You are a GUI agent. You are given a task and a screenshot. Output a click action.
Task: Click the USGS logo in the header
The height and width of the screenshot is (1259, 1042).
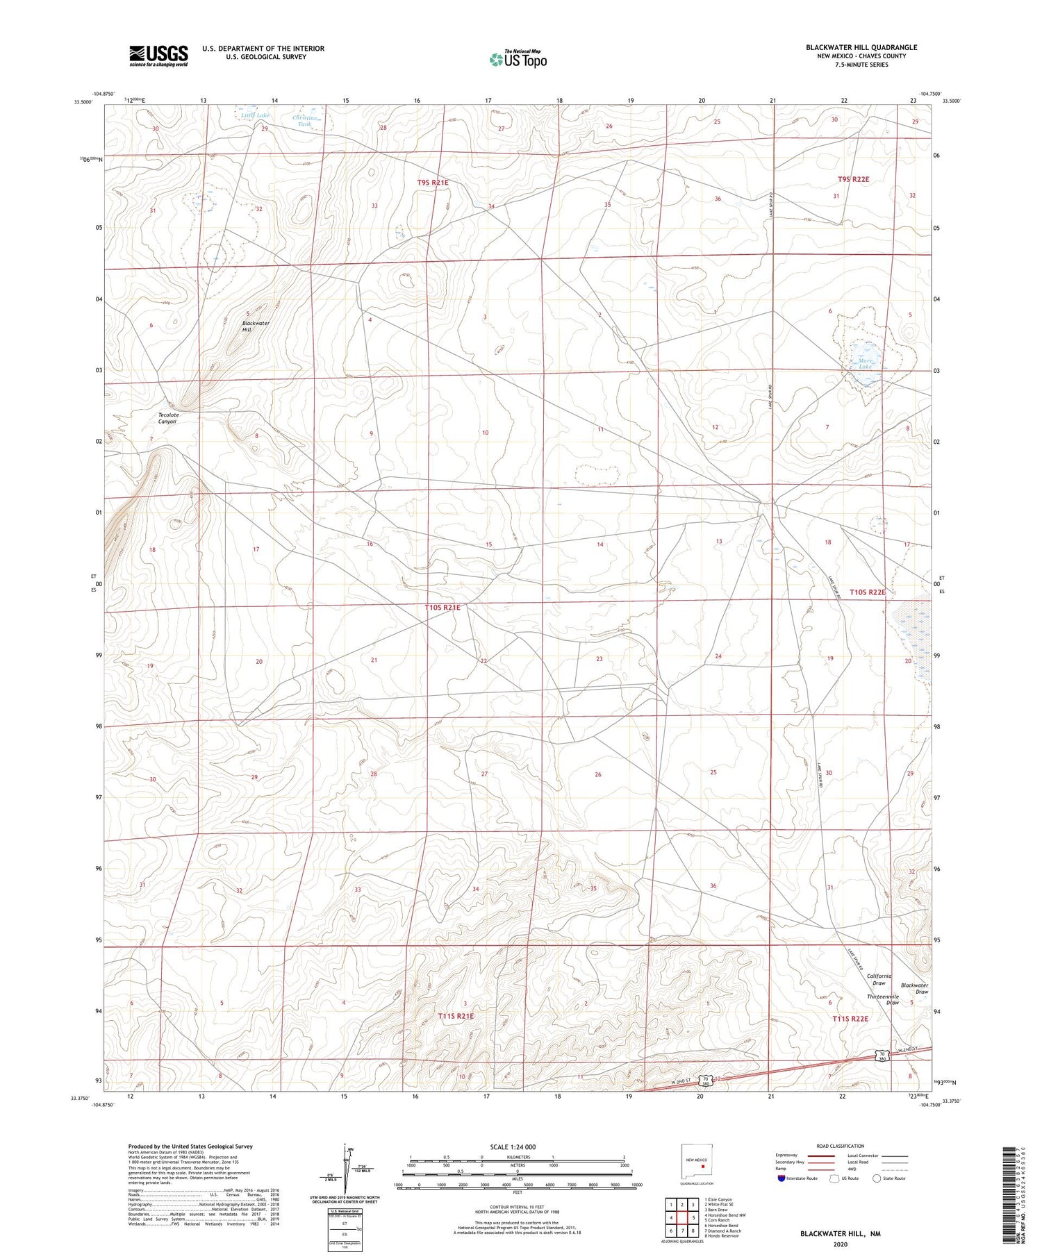click(x=158, y=56)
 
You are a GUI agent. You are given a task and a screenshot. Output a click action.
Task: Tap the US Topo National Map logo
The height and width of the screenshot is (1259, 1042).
click(x=518, y=59)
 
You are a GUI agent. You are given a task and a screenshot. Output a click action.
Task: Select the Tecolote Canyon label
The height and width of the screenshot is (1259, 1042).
click(x=168, y=418)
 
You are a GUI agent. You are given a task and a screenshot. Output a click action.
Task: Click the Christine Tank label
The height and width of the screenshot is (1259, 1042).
click(x=304, y=121)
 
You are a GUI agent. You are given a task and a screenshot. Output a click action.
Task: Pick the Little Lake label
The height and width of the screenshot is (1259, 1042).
click(x=255, y=115)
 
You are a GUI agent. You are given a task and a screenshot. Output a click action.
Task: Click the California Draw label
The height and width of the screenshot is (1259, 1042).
click(x=879, y=979)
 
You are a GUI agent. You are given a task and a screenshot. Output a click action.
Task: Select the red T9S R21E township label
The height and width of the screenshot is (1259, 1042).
click(x=433, y=183)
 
